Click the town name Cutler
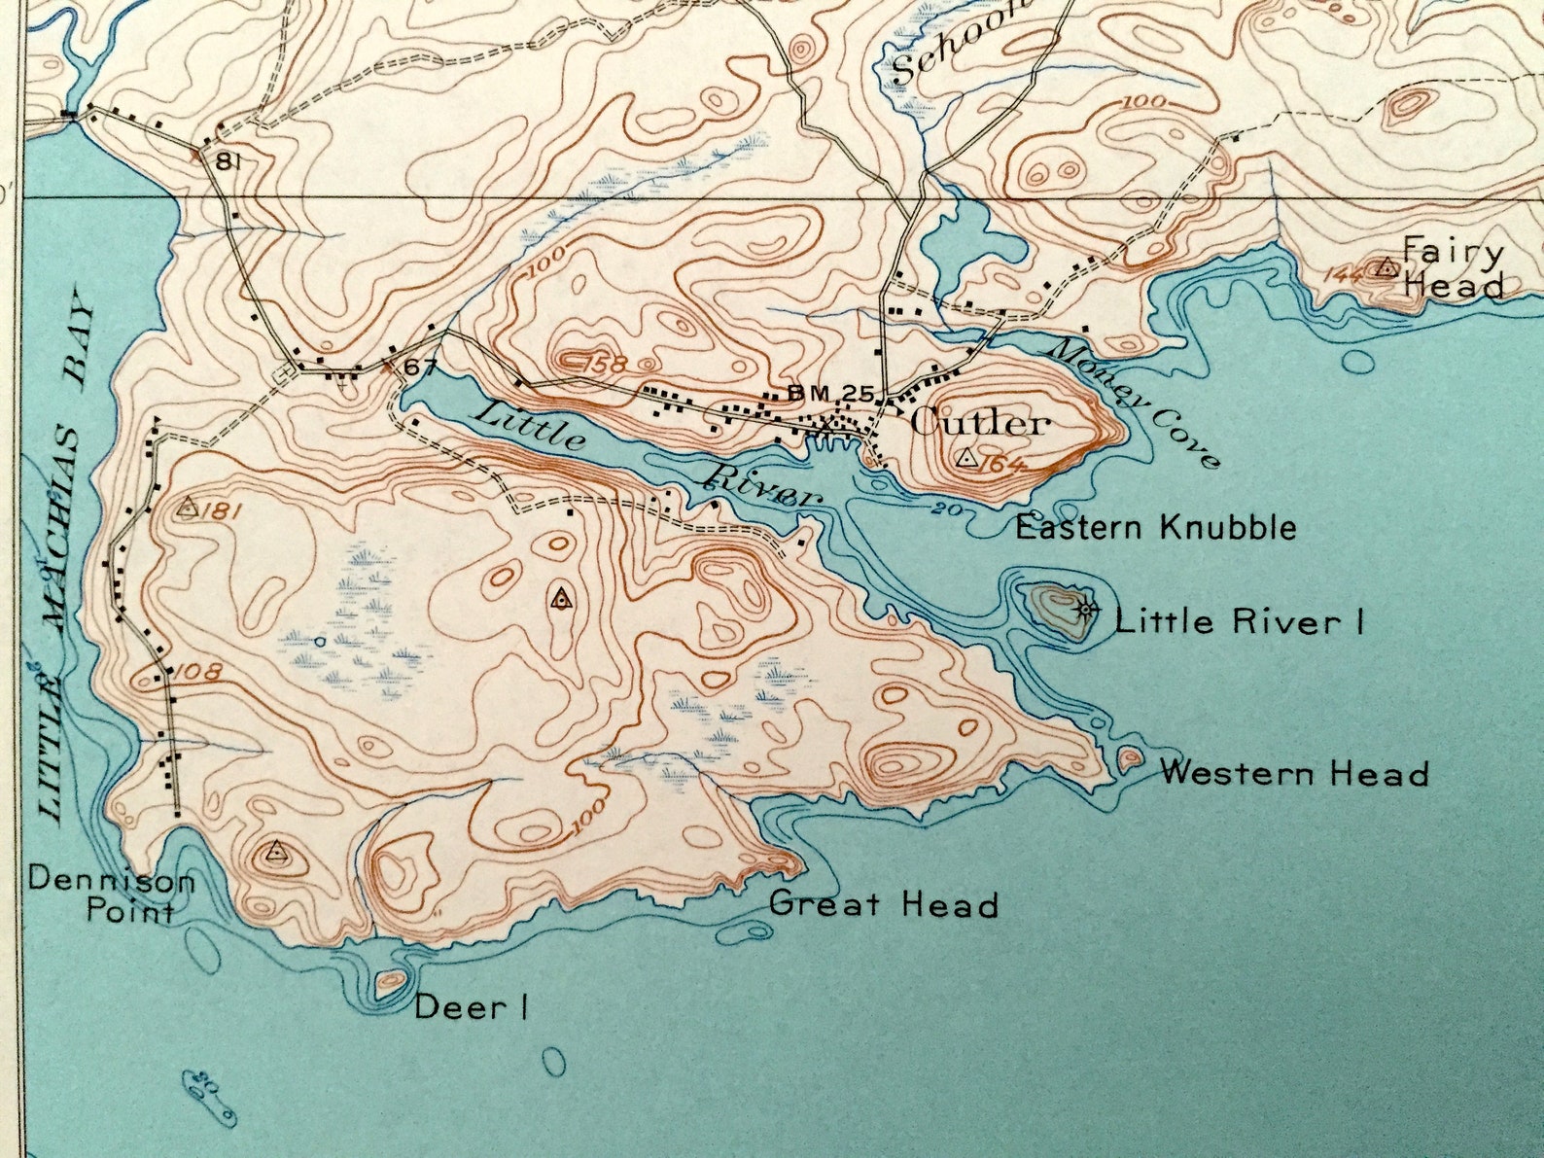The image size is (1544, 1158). coord(980,423)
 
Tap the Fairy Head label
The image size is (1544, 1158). coord(1453,269)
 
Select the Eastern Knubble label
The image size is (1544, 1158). coord(1155,528)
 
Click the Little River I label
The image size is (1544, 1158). coord(1239,620)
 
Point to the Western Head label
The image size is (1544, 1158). coord(1294,774)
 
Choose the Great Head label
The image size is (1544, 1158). coord(883,904)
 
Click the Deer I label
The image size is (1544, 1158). coord(471,1007)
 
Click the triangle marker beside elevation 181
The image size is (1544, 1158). coord(189,507)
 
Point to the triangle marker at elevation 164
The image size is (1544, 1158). coord(966,458)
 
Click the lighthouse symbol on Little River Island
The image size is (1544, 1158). coord(1086,610)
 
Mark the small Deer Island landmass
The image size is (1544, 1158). coord(390,980)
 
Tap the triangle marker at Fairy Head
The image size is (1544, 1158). coord(1386,266)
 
